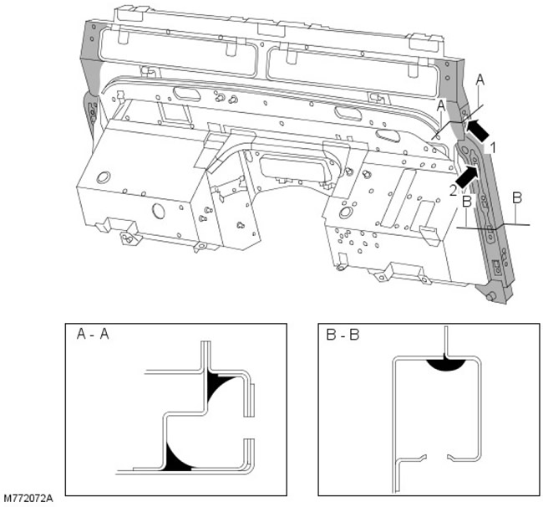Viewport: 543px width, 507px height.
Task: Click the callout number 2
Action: (454, 190)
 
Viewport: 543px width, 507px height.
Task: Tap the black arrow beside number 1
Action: (478, 129)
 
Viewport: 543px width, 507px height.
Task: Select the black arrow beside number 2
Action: (469, 175)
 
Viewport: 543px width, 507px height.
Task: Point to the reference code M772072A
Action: (27, 499)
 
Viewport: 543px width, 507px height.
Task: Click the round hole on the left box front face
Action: (159, 208)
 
